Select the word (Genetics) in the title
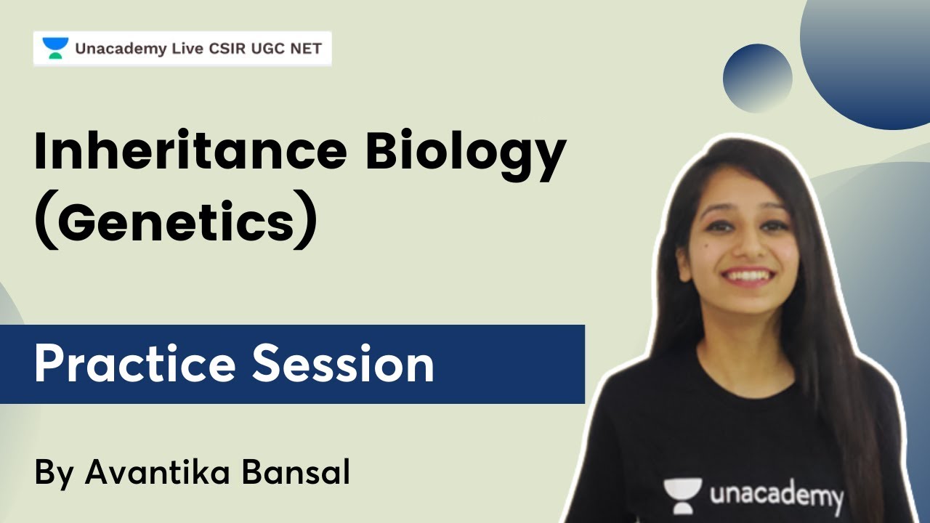[x=176, y=222]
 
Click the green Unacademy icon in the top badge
[x=54, y=49]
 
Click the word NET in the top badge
[x=305, y=49]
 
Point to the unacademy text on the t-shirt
[x=776, y=497]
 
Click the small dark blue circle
[x=758, y=78]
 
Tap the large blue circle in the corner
[x=872, y=58]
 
